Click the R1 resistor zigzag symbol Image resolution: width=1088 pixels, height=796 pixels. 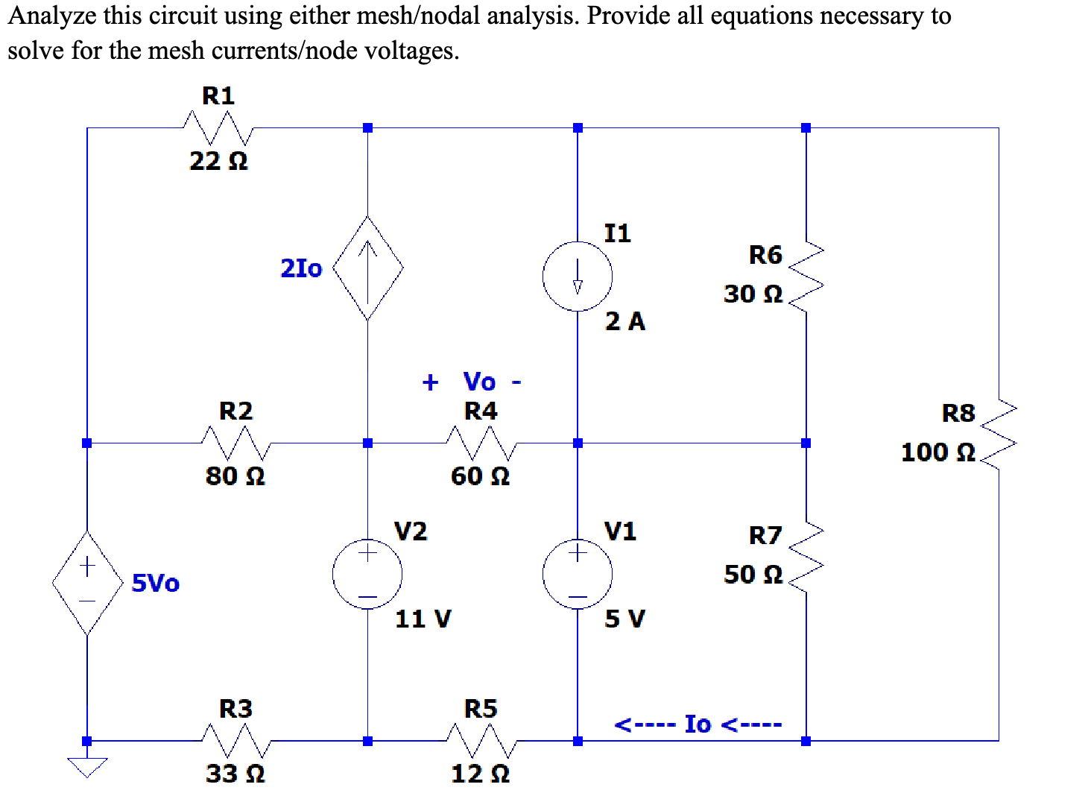click(x=218, y=128)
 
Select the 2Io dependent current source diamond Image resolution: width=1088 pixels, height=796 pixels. click(x=367, y=268)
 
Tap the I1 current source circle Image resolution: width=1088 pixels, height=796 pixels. click(x=578, y=277)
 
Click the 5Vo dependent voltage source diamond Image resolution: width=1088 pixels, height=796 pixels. click(x=87, y=582)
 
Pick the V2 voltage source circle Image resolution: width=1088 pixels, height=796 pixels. click(x=367, y=574)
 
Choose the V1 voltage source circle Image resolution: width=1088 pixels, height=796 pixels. click(x=578, y=574)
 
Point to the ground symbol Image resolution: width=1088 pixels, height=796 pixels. click(x=87, y=766)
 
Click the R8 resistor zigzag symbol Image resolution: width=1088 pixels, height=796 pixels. click(x=999, y=435)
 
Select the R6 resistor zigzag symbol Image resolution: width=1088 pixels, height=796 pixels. click(x=806, y=277)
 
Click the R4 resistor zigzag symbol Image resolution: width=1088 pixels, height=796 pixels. click(x=481, y=443)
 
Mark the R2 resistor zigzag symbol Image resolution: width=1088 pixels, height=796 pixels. click(x=235, y=443)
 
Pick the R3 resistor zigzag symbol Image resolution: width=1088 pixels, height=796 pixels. click(x=235, y=741)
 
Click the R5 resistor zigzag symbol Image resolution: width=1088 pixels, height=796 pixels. click(x=481, y=741)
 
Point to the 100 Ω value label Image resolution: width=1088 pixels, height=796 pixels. click(x=937, y=452)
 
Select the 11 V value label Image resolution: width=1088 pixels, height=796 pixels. click(x=423, y=619)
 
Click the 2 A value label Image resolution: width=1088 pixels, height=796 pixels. click(x=624, y=321)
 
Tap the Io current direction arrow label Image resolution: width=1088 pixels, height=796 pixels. click(x=698, y=724)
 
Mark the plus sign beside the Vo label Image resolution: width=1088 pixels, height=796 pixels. click(x=430, y=382)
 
